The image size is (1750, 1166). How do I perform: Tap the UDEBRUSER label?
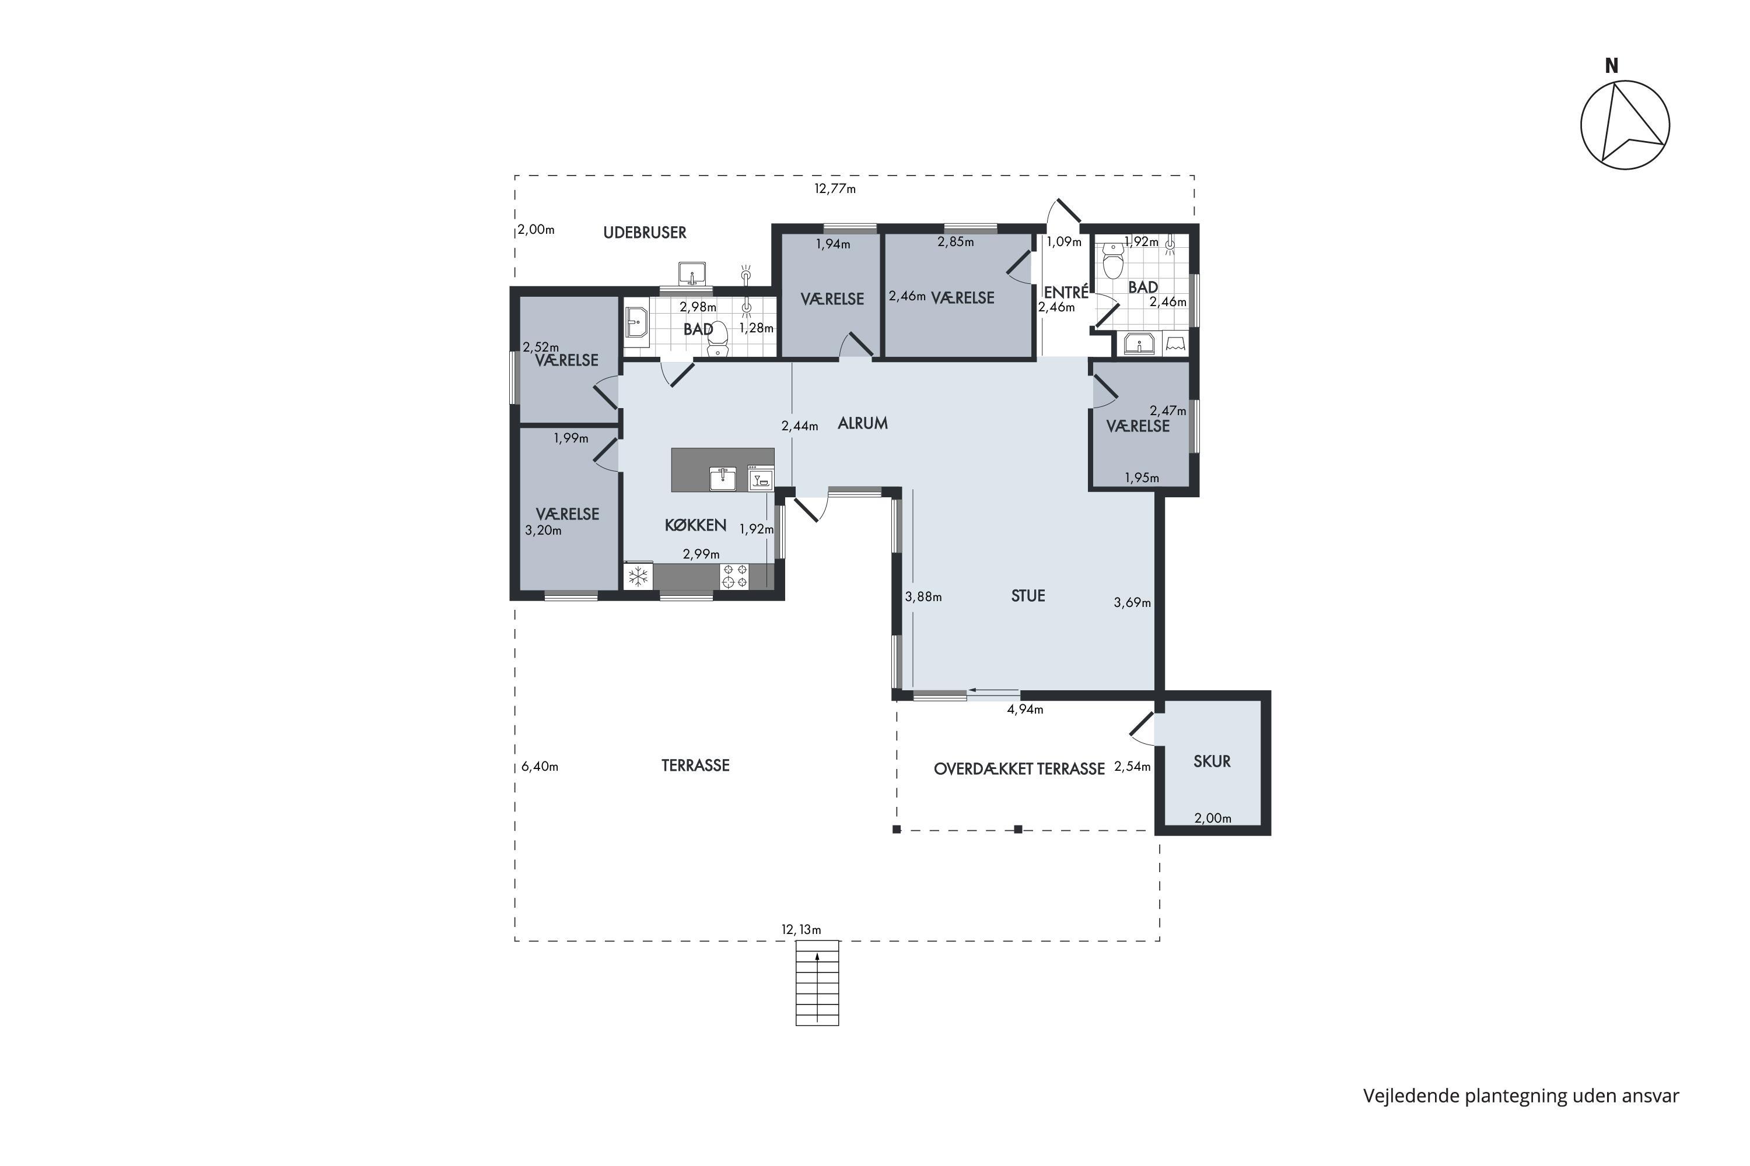pyautogui.click(x=645, y=233)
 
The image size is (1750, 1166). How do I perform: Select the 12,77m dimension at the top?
pyautogui.click(x=835, y=189)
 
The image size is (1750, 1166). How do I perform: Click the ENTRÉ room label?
pyautogui.click(x=1066, y=292)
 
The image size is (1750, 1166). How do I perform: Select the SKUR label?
pyautogui.click(x=1212, y=761)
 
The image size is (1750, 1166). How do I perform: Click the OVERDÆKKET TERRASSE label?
pyautogui.click(x=1019, y=769)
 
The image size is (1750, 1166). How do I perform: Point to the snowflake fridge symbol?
pyautogui.click(x=638, y=577)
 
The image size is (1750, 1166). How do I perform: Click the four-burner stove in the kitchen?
pyautogui.click(x=735, y=577)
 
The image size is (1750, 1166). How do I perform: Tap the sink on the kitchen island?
pyautogui.click(x=723, y=479)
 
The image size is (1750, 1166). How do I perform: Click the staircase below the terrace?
pyautogui.click(x=817, y=983)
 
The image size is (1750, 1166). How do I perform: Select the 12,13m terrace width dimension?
pyautogui.click(x=801, y=929)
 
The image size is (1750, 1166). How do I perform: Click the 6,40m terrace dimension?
pyautogui.click(x=540, y=767)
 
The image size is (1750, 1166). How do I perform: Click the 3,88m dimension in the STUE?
pyautogui.click(x=923, y=596)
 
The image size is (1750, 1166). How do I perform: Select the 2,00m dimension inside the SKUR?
pyautogui.click(x=1213, y=818)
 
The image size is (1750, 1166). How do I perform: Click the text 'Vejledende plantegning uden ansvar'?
pyautogui.click(x=1521, y=1095)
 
